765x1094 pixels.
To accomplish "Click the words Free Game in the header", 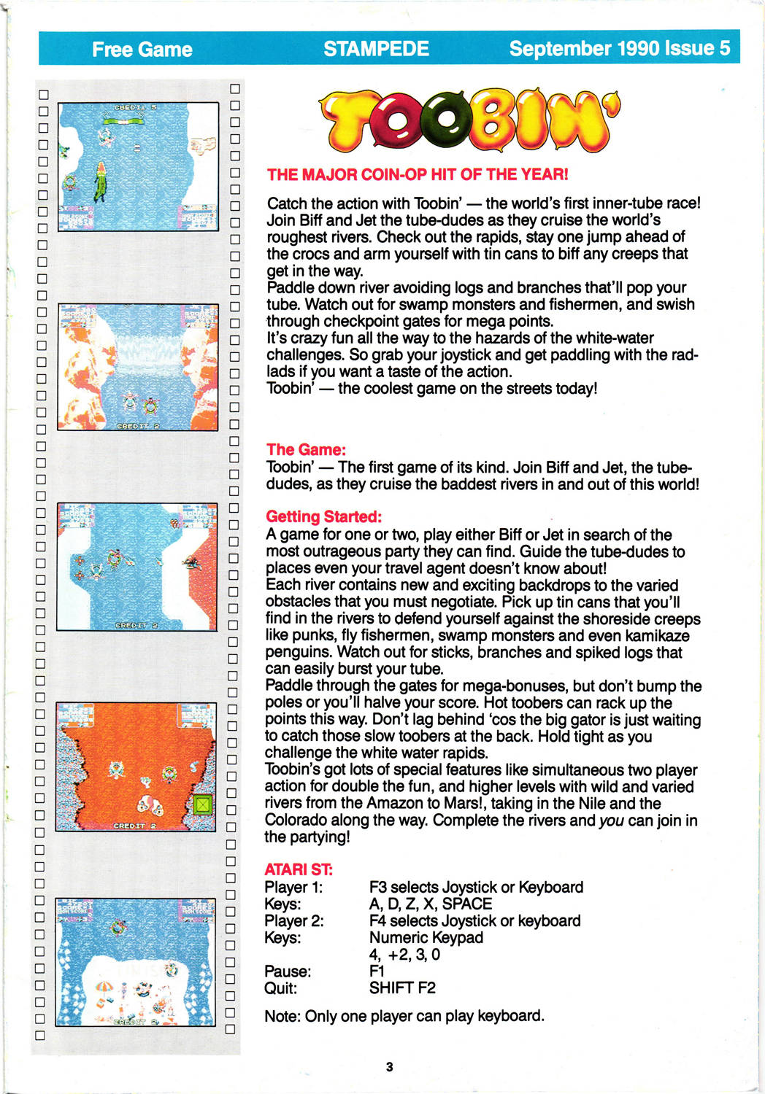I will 142,49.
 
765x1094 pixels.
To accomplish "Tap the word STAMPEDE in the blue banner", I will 376,48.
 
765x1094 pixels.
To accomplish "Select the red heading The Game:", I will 306,449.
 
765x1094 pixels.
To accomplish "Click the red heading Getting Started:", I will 323,516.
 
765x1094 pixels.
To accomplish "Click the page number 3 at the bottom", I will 389,1066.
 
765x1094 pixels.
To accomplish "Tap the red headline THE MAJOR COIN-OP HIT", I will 417,174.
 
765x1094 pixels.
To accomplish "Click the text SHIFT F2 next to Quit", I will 402,988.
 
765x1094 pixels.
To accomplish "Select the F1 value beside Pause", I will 377,971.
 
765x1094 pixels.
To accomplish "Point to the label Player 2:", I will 293,920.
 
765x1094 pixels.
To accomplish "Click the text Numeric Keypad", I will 426,937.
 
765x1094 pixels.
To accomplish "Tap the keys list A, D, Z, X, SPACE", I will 431,904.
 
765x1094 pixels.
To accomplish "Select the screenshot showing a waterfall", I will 137,367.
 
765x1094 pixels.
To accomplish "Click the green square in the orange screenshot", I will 202,805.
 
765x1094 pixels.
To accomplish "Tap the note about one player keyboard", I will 404,1015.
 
